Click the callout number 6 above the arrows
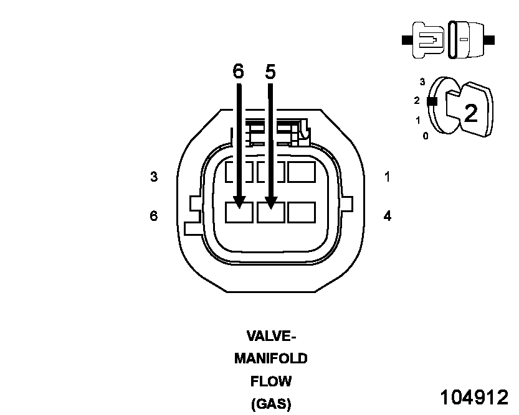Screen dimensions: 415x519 (238, 72)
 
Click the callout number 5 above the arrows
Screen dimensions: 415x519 (270, 72)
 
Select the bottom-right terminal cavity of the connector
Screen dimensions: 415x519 (301, 212)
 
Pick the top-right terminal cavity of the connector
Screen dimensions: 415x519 (301, 172)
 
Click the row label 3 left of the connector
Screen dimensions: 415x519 (154, 177)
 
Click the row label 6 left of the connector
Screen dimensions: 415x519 (154, 216)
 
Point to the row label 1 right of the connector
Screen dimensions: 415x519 (388, 177)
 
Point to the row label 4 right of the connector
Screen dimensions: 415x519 (388, 216)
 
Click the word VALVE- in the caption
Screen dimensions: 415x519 (271, 337)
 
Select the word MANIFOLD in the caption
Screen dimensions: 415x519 (271, 359)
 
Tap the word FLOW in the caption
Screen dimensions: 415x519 (271, 381)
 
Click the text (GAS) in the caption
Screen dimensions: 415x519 (271, 404)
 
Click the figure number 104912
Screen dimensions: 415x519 (474, 397)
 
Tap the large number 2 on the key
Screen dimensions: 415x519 (471, 113)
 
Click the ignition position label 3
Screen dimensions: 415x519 (422, 82)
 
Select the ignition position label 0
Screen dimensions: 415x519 (426, 136)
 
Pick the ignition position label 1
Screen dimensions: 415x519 (417, 120)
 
